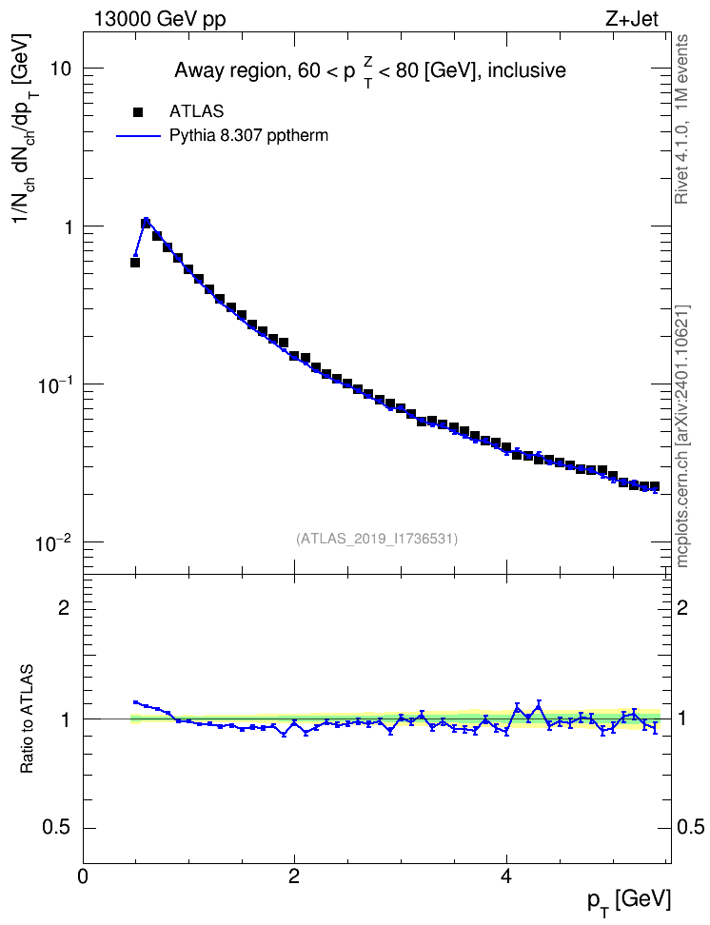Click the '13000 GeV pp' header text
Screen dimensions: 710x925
[160, 19]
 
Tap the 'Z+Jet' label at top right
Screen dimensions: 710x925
[631, 19]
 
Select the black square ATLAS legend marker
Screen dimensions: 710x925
[139, 111]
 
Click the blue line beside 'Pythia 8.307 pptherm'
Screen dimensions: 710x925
[139, 136]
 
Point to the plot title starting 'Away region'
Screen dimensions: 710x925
[370, 71]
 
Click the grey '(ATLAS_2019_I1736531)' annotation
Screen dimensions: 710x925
[377, 539]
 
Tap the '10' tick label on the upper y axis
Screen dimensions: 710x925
[59, 69]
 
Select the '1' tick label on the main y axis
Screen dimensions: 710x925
[67, 227]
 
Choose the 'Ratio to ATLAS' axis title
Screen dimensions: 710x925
[27, 718]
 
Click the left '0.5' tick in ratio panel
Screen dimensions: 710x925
[57, 828]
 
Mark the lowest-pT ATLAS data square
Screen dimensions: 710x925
[135, 263]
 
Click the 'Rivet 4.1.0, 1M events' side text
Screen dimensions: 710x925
[682, 119]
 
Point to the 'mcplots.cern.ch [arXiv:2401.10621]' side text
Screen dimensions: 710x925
[682, 437]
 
